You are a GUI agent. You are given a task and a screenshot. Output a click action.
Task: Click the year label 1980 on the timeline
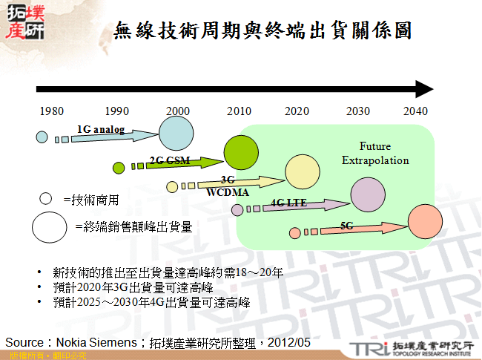click(x=51, y=111)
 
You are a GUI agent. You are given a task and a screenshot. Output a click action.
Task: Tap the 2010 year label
click(x=239, y=111)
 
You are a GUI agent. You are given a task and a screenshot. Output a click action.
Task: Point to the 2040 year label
click(x=415, y=111)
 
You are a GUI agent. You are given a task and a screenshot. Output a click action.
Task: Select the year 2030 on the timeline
click(x=358, y=111)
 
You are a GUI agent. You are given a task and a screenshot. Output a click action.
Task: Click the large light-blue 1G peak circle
click(x=176, y=134)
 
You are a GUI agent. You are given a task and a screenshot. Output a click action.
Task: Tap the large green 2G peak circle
click(x=240, y=153)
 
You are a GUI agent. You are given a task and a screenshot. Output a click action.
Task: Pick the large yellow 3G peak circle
click(x=302, y=172)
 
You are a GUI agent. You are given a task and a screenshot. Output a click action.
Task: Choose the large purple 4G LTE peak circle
click(x=368, y=194)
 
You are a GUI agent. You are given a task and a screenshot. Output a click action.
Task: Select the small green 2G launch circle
click(x=119, y=168)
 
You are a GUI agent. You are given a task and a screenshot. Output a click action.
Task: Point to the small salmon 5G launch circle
click(x=295, y=233)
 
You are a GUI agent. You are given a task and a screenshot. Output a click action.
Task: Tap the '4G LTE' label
click(x=289, y=202)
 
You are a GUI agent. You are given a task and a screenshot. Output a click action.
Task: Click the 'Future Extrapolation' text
click(x=375, y=154)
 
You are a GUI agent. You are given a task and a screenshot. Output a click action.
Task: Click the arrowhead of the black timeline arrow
click(x=424, y=89)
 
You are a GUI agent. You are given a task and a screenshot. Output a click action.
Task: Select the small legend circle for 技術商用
click(x=45, y=199)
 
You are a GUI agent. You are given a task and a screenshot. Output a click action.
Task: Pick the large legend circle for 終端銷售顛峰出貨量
click(x=50, y=226)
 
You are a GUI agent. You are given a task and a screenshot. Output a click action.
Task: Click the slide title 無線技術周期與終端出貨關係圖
click(x=263, y=31)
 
